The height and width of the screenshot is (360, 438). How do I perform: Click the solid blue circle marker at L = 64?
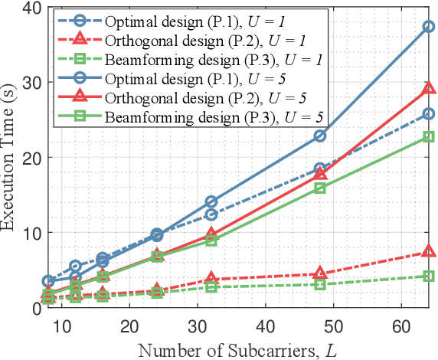click(x=429, y=27)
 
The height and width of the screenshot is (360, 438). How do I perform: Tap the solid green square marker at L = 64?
click(x=429, y=137)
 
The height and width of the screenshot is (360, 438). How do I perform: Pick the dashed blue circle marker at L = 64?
click(x=429, y=113)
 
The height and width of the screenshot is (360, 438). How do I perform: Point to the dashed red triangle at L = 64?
click(x=429, y=251)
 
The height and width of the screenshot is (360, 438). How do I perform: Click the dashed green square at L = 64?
click(x=429, y=276)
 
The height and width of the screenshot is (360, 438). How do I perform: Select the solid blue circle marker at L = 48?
click(x=320, y=136)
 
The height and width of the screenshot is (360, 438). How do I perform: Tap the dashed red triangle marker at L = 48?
click(x=320, y=273)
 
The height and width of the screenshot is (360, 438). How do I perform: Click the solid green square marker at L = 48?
click(x=320, y=188)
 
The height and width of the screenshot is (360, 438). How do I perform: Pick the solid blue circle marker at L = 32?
click(x=212, y=201)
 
